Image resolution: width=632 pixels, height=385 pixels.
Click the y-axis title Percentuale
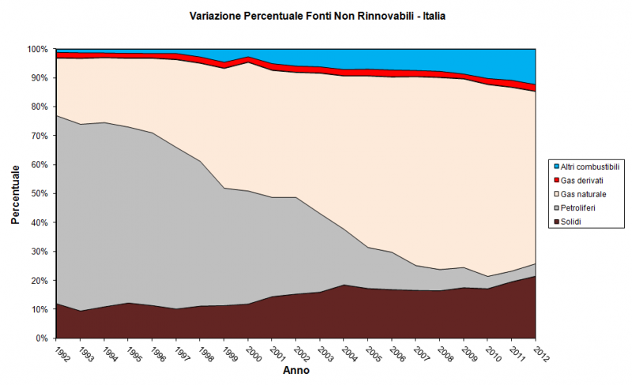tap(15, 194)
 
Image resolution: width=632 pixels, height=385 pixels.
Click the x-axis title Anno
tap(297, 370)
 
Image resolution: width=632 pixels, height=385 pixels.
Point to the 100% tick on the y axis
tap(39, 49)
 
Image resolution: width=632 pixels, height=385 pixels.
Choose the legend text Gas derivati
tap(583, 180)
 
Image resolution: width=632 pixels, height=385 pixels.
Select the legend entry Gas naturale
tap(584, 193)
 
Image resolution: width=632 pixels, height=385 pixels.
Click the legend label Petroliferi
tap(581, 207)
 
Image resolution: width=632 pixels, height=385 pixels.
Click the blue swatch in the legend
tap(555, 166)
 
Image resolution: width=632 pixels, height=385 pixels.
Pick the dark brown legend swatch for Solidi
tap(555, 222)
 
